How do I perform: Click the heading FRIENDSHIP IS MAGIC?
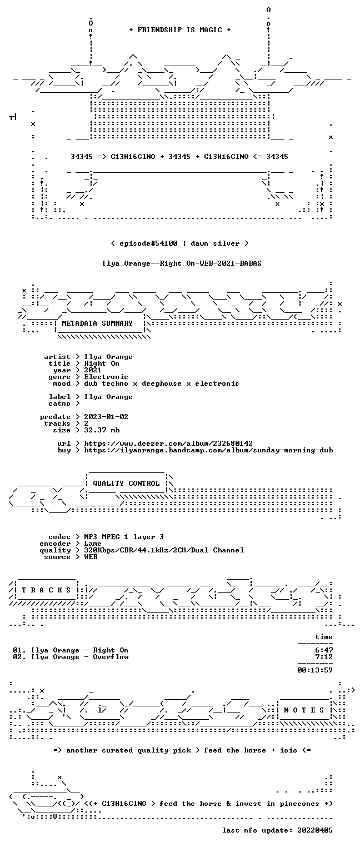(179, 30)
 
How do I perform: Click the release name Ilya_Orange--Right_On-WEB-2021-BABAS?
(182, 263)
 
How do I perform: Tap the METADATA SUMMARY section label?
(97, 323)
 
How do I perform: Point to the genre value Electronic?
(106, 377)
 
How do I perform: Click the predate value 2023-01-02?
(106, 417)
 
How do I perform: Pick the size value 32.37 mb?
(102, 430)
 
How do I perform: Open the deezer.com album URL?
(168, 443)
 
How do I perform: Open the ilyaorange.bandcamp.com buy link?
(208, 450)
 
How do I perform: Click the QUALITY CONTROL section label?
(126, 483)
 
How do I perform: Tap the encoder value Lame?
(93, 544)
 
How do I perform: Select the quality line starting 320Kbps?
(164, 550)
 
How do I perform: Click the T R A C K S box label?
(46, 590)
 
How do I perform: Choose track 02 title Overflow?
(111, 657)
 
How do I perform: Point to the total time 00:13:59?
(315, 670)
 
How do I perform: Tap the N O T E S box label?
(304, 710)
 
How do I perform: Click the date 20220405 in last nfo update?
(315, 830)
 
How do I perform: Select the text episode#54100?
(148, 243)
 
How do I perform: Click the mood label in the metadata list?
(62, 383)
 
